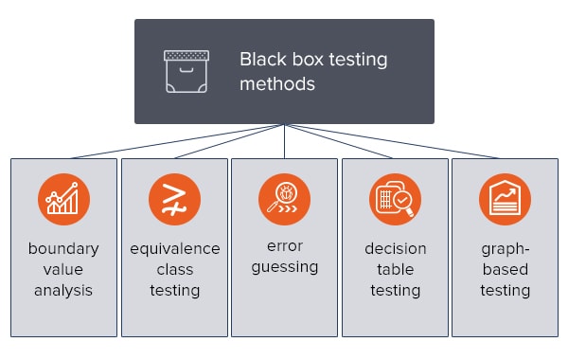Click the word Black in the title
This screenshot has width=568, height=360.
click(x=261, y=60)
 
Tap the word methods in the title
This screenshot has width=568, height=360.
click(x=276, y=83)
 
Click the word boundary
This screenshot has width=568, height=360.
click(x=63, y=249)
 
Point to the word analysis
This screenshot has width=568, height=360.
click(x=63, y=290)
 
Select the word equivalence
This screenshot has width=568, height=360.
click(x=174, y=249)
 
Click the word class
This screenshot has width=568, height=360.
click(x=174, y=270)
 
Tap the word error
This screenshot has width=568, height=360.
click(x=284, y=246)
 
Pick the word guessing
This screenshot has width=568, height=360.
click(x=284, y=267)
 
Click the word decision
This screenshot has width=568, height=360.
click(x=395, y=249)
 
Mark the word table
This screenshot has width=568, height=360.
click(x=395, y=270)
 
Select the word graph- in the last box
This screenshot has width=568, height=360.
click(x=505, y=249)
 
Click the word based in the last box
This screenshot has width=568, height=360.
click(x=505, y=270)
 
